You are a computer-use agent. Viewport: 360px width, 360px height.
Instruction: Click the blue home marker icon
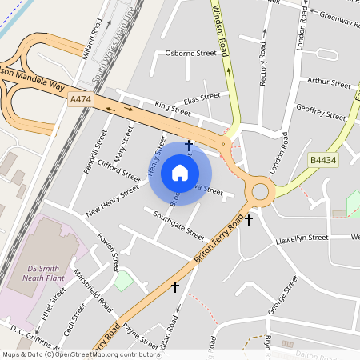click(x=180, y=172)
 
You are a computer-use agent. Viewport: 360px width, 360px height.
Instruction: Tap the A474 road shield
click(x=80, y=99)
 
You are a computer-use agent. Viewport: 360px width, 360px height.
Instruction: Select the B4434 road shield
click(x=322, y=160)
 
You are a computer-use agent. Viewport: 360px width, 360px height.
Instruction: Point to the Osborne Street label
click(x=190, y=53)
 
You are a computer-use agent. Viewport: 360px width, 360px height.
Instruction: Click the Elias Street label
click(x=201, y=98)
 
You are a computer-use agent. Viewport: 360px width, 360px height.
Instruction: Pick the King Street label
click(x=173, y=106)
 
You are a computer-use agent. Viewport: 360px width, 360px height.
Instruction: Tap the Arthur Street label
click(x=329, y=82)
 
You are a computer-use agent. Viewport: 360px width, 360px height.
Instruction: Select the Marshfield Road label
click(x=93, y=289)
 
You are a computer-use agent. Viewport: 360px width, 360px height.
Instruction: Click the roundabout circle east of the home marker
click(x=260, y=191)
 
